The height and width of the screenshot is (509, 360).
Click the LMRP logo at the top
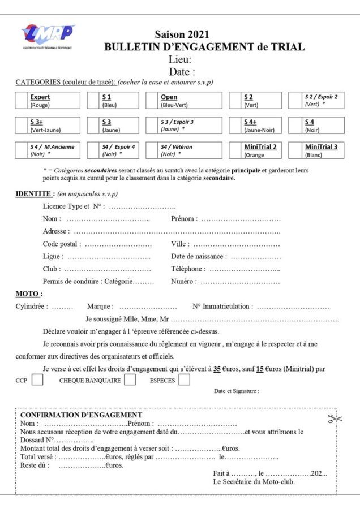48,36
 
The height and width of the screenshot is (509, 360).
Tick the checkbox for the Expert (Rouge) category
22,101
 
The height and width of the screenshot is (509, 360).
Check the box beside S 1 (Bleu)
93,101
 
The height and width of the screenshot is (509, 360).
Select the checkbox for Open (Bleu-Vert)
152,101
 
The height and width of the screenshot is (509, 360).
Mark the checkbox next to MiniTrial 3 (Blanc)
296,150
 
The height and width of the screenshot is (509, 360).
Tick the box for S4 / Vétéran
152,150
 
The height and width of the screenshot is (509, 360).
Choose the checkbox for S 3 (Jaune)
93,126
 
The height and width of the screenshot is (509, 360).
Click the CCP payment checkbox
37,380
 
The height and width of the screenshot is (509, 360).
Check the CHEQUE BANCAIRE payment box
130,380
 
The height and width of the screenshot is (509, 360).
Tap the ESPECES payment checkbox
184,380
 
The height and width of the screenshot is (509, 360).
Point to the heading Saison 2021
182,35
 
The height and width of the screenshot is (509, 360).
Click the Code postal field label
61,244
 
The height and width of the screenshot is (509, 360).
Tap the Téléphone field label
187,269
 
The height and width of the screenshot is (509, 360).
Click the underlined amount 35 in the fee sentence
217,369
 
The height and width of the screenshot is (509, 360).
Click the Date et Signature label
236,391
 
